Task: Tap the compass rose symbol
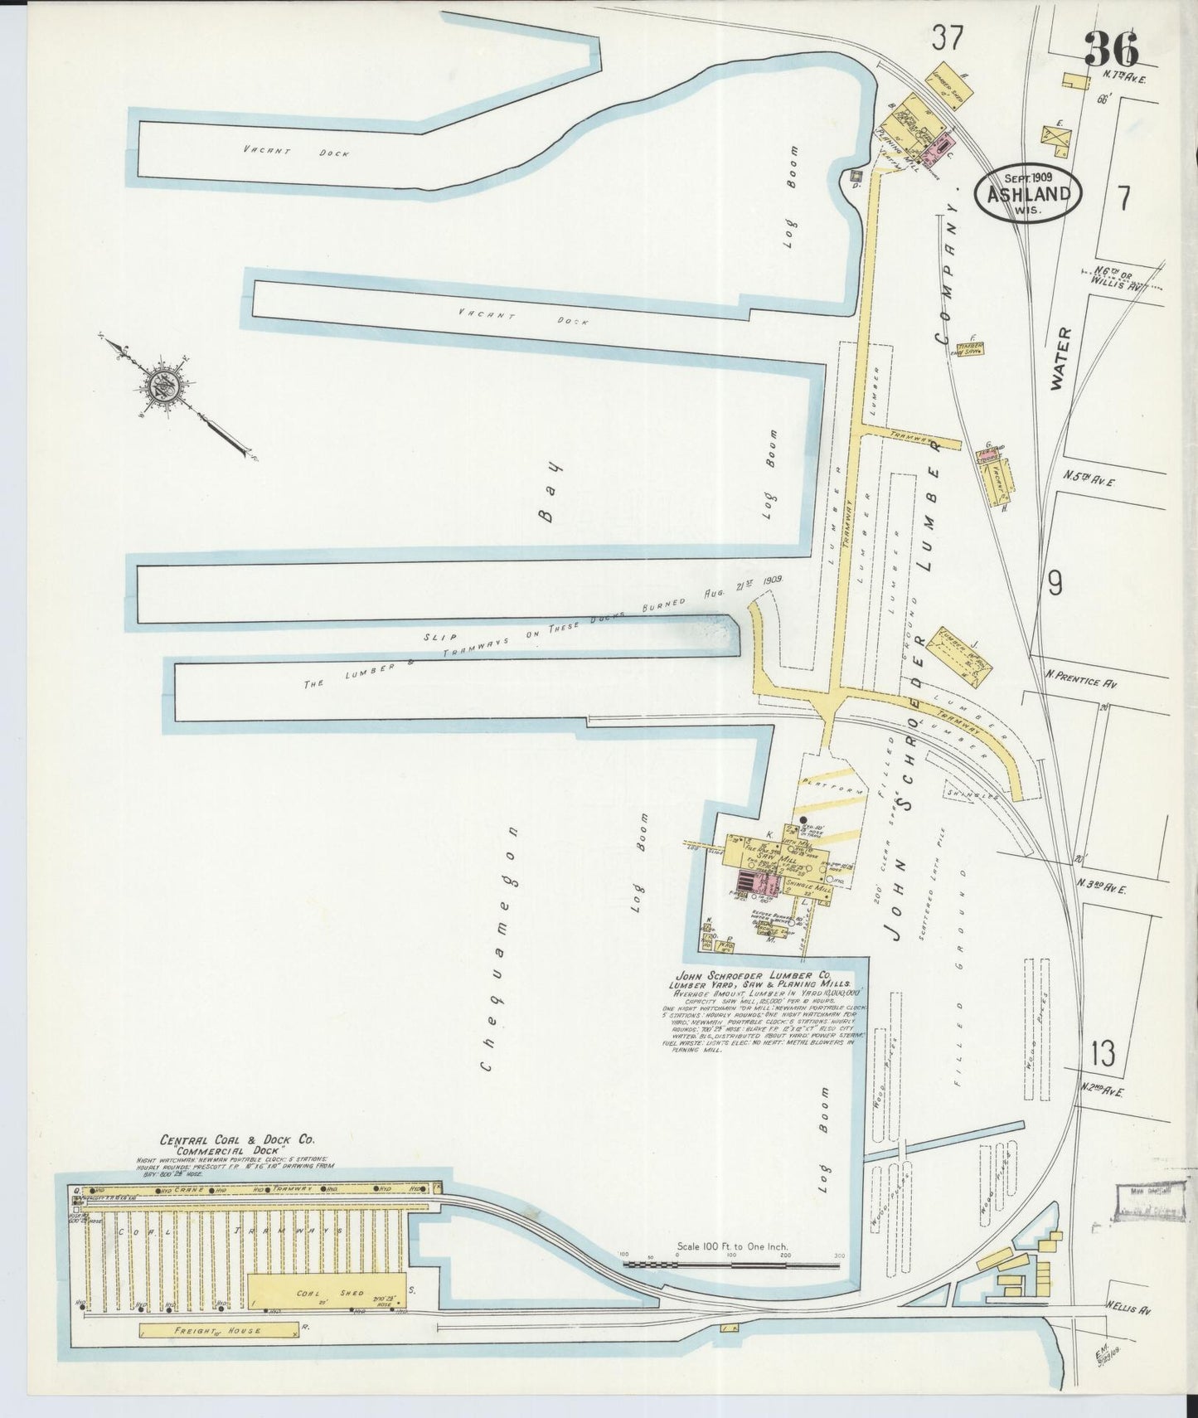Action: pyautogui.click(x=162, y=385)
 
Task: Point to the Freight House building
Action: pyautogui.click(x=219, y=1330)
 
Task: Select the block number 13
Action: pyautogui.click(x=1103, y=1054)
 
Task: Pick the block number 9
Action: pyautogui.click(x=1055, y=585)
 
